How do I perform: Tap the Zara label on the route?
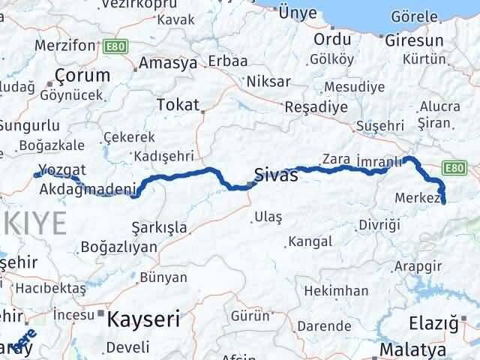pos(334,158)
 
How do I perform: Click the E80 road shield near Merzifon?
pos(117,46)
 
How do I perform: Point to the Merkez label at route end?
pos(415,198)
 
